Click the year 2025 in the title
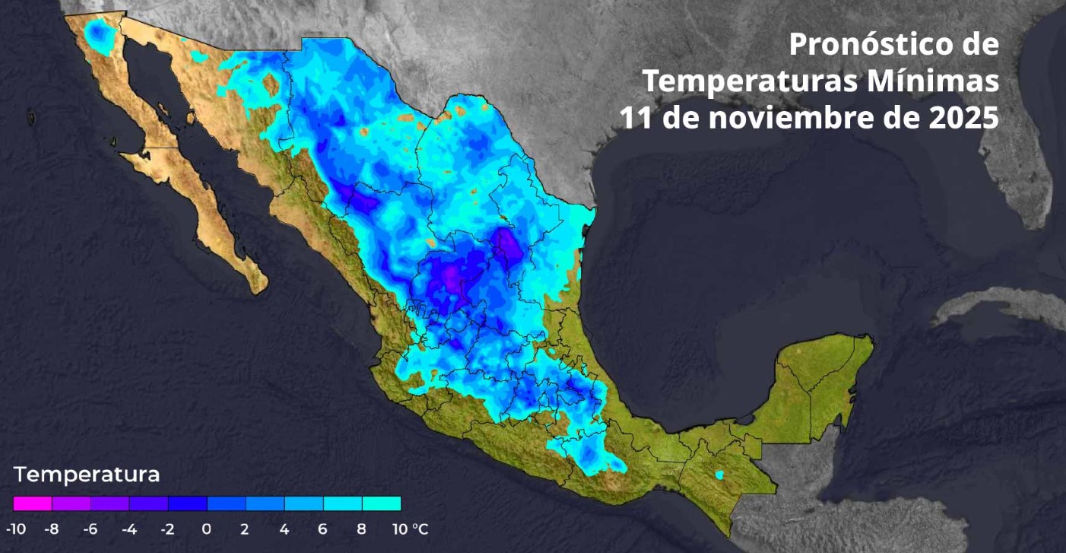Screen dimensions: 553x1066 pos(966,118)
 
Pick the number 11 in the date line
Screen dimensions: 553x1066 pos(635,118)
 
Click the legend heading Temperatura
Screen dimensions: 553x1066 pos(87,475)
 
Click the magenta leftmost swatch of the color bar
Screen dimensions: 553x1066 pos(33,504)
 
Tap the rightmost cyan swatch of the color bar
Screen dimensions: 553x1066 pos(381,504)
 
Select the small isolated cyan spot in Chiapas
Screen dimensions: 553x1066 pos(719,475)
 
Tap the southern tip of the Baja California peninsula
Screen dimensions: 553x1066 pos(259,287)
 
